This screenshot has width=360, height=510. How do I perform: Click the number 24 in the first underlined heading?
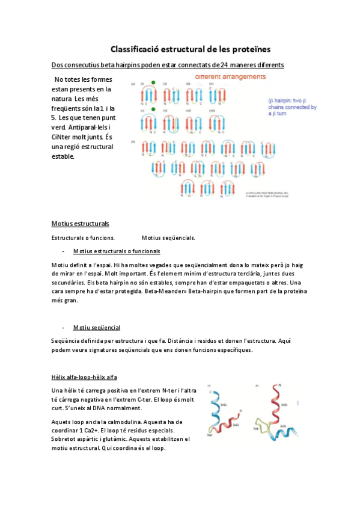point(225,64)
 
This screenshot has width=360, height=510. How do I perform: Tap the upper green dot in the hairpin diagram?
point(154,83)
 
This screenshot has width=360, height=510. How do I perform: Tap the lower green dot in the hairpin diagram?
point(154,109)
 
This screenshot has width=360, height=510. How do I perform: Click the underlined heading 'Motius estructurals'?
point(80,224)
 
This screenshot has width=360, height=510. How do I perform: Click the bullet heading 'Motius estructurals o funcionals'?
point(116,251)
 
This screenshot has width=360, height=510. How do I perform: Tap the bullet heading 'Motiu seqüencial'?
point(96,328)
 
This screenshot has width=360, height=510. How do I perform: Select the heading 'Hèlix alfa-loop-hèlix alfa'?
point(84,378)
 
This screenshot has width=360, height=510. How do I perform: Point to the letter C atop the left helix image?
point(210,392)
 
